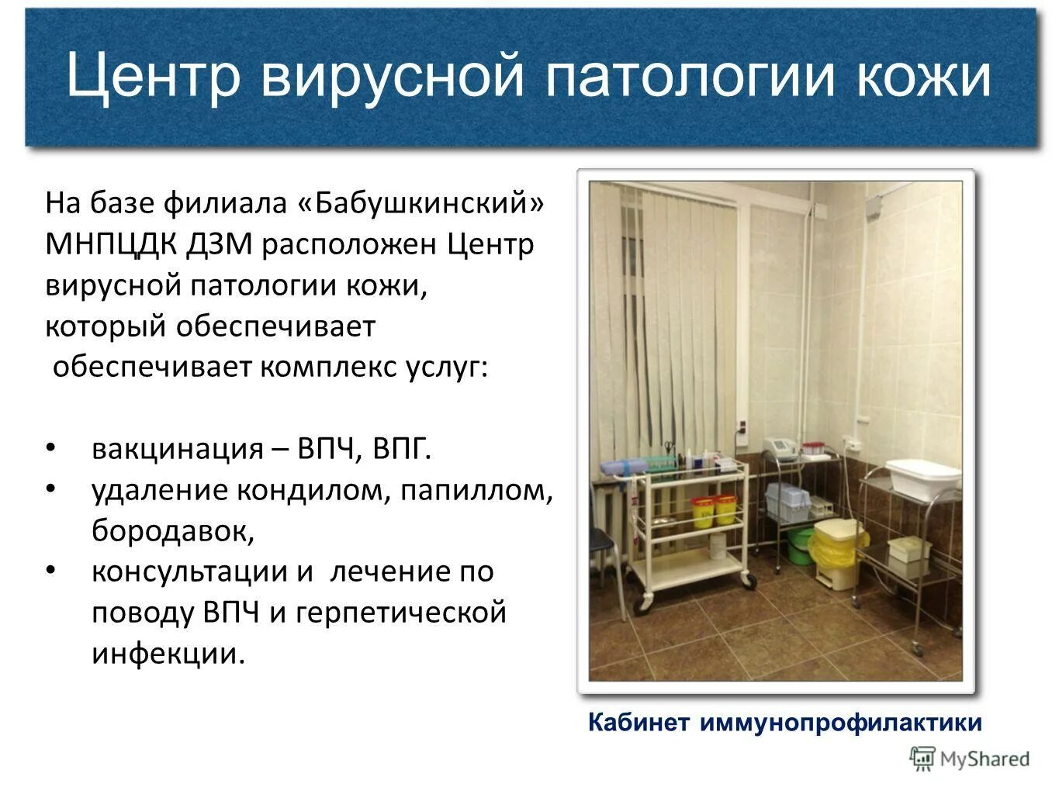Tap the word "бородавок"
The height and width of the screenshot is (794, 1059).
click(x=173, y=531)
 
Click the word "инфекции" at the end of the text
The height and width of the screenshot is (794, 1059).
click(x=168, y=654)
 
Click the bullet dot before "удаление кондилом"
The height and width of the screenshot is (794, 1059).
click(x=51, y=489)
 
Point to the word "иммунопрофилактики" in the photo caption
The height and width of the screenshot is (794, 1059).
click(x=841, y=723)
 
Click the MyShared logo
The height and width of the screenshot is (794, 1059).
click(x=970, y=758)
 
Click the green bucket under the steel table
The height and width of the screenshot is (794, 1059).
click(x=801, y=544)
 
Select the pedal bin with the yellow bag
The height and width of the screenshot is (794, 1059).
click(x=838, y=552)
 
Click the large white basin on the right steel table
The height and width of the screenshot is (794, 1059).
click(x=922, y=475)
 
